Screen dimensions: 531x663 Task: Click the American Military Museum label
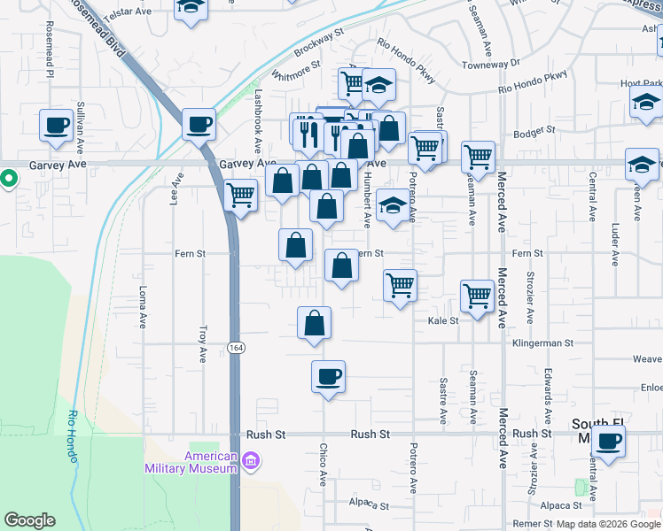(x=210, y=462)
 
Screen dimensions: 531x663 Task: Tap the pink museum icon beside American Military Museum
(x=251, y=460)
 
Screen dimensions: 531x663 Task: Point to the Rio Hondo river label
(x=73, y=437)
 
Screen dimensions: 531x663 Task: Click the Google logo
(x=29, y=520)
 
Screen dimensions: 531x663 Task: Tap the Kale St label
(x=442, y=321)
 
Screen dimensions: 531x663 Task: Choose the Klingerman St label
(x=543, y=342)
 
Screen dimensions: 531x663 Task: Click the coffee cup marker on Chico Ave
(x=328, y=376)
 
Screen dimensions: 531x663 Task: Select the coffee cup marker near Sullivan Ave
(x=57, y=124)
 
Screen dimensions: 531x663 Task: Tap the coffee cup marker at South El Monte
(x=608, y=441)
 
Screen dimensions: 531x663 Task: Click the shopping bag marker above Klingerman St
(x=315, y=322)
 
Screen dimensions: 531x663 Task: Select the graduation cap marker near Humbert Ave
(x=393, y=205)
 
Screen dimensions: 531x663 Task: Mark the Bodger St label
(x=534, y=129)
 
